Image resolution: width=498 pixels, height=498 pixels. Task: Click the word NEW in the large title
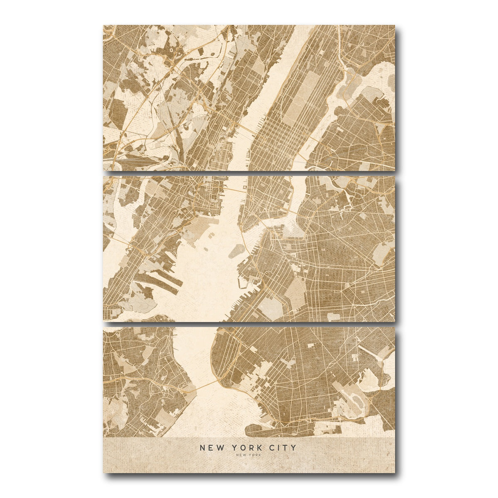209,447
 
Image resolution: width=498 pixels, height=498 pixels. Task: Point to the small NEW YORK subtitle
248,455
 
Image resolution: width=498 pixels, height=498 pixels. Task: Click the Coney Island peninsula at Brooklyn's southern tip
286,432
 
